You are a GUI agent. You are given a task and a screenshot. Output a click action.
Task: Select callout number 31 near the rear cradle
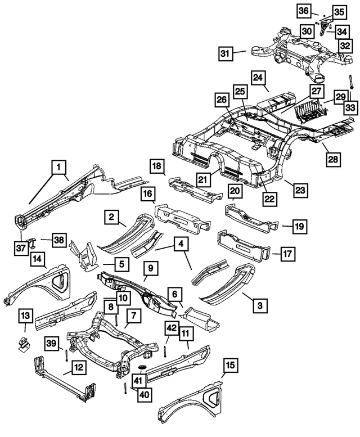[x=226, y=54]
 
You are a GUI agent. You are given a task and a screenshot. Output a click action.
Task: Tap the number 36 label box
[x=303, y=11]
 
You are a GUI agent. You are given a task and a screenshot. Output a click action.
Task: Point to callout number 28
[x=333, y=159]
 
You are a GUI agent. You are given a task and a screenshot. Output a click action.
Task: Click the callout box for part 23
[x=300, y=190]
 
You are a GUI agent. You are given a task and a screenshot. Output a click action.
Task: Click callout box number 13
[x=26, y=316]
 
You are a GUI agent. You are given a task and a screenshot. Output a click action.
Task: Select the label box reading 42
[x=172, y=328]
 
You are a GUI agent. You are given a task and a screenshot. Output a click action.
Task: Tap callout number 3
[x=259, y=305]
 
